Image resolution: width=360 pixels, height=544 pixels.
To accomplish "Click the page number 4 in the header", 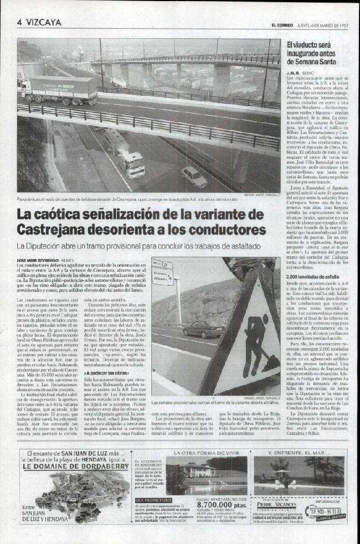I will click(19, 23).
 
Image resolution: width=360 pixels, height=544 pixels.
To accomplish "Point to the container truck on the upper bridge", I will click(59, 90).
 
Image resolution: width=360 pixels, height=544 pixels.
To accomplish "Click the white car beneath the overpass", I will click(194, 177).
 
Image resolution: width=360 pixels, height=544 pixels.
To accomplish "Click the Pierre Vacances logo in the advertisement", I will click(275, 505).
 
